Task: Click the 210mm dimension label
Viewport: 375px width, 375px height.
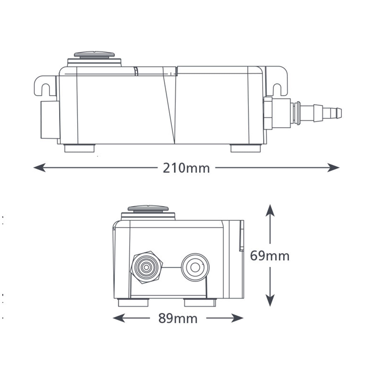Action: [186, 168]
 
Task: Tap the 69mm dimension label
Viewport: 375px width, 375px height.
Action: [270, 256]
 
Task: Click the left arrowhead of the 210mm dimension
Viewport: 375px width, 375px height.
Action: [39, 167]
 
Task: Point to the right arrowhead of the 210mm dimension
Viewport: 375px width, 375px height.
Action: [333, 167]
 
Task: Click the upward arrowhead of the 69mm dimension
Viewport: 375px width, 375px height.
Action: [270, 210]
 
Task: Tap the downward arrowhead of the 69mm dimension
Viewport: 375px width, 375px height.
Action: [270, 300]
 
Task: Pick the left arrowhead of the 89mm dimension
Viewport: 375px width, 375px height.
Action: [119, 318]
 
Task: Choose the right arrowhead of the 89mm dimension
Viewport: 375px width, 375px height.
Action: [237, 318]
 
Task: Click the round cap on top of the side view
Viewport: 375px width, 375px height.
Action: [94, 54]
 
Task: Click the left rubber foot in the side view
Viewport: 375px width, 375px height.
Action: [79, 148]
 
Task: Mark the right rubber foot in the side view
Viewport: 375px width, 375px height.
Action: [246, 148]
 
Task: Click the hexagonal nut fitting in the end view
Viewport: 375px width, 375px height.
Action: [147, 267]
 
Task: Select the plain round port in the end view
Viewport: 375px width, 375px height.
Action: [195, 267]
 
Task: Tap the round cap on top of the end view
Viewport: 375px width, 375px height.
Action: [148, 208]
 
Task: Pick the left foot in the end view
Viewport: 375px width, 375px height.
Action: [133, 302]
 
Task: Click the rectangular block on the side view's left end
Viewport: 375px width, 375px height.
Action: [50, 120]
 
